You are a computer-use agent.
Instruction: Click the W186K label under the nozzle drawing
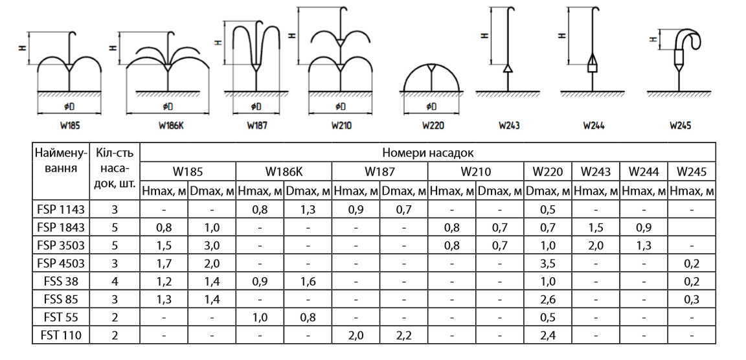[171, 126]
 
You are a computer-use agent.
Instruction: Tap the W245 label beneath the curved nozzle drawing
[680, 126]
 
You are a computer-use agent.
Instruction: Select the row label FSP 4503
[61, 263]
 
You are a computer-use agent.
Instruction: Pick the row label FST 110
[61, 335]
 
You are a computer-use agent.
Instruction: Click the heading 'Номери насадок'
[427, 153]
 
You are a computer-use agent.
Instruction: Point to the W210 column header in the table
[475, 171]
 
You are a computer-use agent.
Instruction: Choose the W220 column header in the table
[548, 171]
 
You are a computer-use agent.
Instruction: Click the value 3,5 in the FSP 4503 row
[548, 263]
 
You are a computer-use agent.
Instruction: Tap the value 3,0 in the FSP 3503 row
[212, 245]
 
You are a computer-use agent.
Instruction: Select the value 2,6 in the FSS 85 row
[548, 300]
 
